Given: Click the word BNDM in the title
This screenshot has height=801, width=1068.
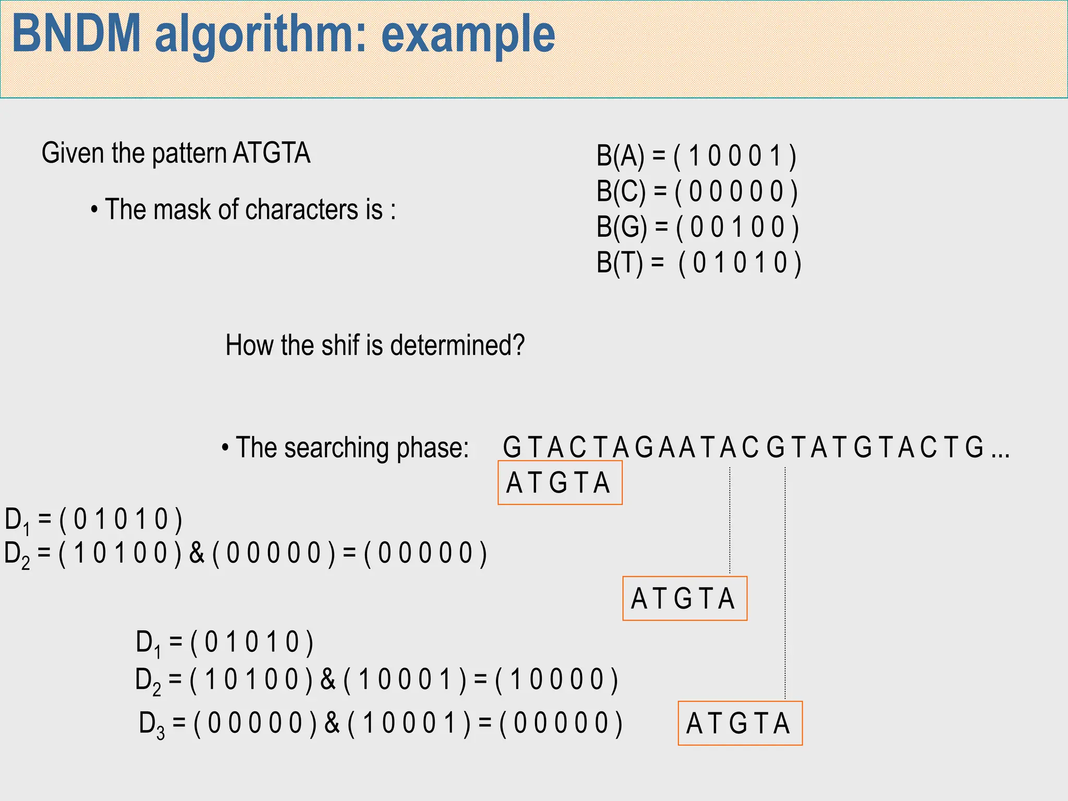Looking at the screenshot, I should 76,34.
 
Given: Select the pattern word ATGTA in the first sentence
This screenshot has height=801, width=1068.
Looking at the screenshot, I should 271,153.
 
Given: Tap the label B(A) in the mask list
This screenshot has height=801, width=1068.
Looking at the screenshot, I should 620,156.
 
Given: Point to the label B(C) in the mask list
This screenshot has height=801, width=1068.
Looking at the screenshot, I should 621,191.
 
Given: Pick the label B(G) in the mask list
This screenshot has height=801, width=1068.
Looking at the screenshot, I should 622,227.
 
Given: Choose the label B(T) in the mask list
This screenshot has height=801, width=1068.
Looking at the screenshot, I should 620,262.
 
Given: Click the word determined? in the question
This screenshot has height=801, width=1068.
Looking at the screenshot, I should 457,345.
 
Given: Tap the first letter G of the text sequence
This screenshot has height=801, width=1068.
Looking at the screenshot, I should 512,447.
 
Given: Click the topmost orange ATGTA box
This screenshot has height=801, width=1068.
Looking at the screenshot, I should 560,482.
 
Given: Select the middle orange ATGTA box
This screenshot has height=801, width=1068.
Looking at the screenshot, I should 684,598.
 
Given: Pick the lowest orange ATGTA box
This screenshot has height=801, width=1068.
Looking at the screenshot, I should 739,723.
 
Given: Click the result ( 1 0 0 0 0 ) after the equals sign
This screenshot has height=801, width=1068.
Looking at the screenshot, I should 556,679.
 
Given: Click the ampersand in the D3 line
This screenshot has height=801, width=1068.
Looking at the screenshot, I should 332,723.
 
